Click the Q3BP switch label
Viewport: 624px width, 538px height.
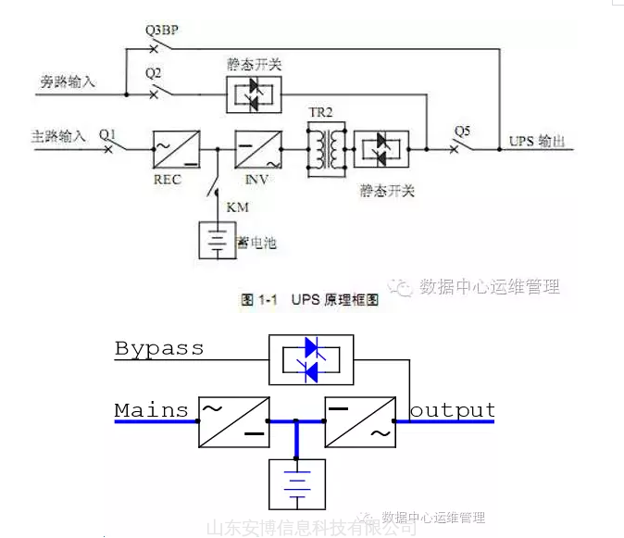161,30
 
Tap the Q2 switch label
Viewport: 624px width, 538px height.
154,72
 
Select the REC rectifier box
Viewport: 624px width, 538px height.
176,147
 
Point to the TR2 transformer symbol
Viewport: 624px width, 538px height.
326,147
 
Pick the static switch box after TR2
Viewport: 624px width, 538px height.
381,148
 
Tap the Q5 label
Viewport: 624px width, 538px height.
461,131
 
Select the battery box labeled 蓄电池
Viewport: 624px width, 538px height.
216,241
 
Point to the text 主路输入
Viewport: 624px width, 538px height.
58,136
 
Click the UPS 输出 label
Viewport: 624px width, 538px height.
536,142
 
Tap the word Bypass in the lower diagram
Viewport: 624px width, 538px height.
158,348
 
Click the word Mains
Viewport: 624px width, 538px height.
151,409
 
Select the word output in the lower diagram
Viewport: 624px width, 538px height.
453,409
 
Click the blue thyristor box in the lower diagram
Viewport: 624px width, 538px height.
311,359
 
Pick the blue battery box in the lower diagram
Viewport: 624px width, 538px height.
296,482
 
